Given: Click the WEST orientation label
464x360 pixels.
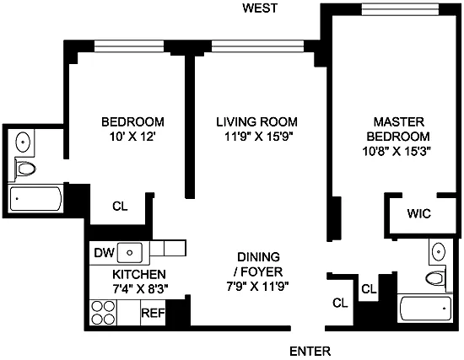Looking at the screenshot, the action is [x=260, y=8].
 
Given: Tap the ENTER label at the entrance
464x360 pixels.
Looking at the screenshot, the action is [x=310, y=352].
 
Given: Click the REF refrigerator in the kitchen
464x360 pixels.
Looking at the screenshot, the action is [x=153, y=313].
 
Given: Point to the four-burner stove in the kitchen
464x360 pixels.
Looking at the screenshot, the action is [x=103, y=313].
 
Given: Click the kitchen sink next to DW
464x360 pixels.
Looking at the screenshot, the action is [x=130, y=253].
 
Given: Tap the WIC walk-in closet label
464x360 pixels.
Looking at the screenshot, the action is [x=418, y=213].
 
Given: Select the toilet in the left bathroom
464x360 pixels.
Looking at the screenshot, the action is [x=25, y=169].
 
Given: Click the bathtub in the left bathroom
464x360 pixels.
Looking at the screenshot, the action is [x=35, y=198].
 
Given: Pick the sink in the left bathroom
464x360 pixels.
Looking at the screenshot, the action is [x=23, y=142].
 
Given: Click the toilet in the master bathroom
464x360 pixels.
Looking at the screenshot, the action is [x=435, y=278].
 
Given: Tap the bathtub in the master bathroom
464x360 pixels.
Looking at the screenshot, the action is [x=425, y=309].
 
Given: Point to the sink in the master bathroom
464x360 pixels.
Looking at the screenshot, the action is [x=438, y=251].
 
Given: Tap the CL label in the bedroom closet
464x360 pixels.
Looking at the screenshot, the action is [x=120, y=207].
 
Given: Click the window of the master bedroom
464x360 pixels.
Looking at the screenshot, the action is [x=400, y=9].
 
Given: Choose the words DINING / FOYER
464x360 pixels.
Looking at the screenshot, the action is [x=259, y=264].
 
